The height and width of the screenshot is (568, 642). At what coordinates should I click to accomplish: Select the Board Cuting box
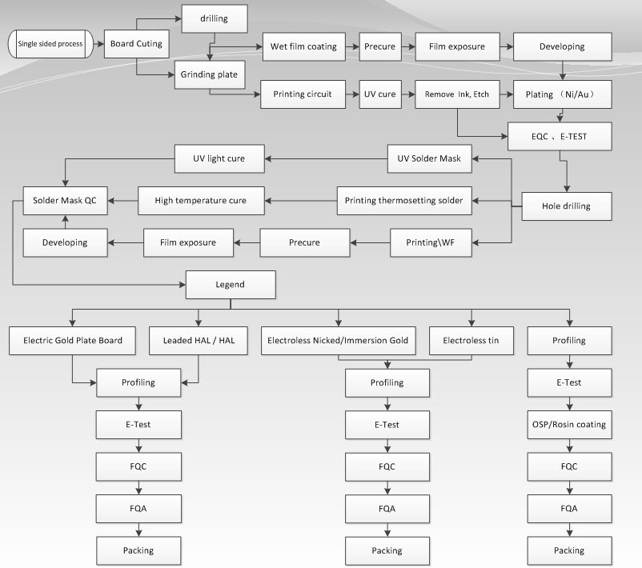(137, 43)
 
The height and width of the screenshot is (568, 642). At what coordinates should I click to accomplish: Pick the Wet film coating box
(303, 46)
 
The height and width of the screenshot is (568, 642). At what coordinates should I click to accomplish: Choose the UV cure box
(379, 94)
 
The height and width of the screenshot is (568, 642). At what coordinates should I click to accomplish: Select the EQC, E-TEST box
(560, 137)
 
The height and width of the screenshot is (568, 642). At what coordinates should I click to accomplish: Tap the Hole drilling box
(567, 206)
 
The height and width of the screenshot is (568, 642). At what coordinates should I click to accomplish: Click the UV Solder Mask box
(429, 158)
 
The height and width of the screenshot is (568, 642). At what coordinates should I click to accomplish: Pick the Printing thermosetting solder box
(403, 200)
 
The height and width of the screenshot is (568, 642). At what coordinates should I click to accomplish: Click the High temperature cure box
(200, 200)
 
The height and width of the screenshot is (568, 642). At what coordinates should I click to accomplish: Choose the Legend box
(231, 284)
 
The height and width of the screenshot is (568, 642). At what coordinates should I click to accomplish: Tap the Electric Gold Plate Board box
(66, 340)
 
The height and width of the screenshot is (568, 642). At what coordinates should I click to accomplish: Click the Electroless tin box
(471, 340)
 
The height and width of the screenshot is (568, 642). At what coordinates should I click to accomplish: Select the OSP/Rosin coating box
(569, 424)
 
